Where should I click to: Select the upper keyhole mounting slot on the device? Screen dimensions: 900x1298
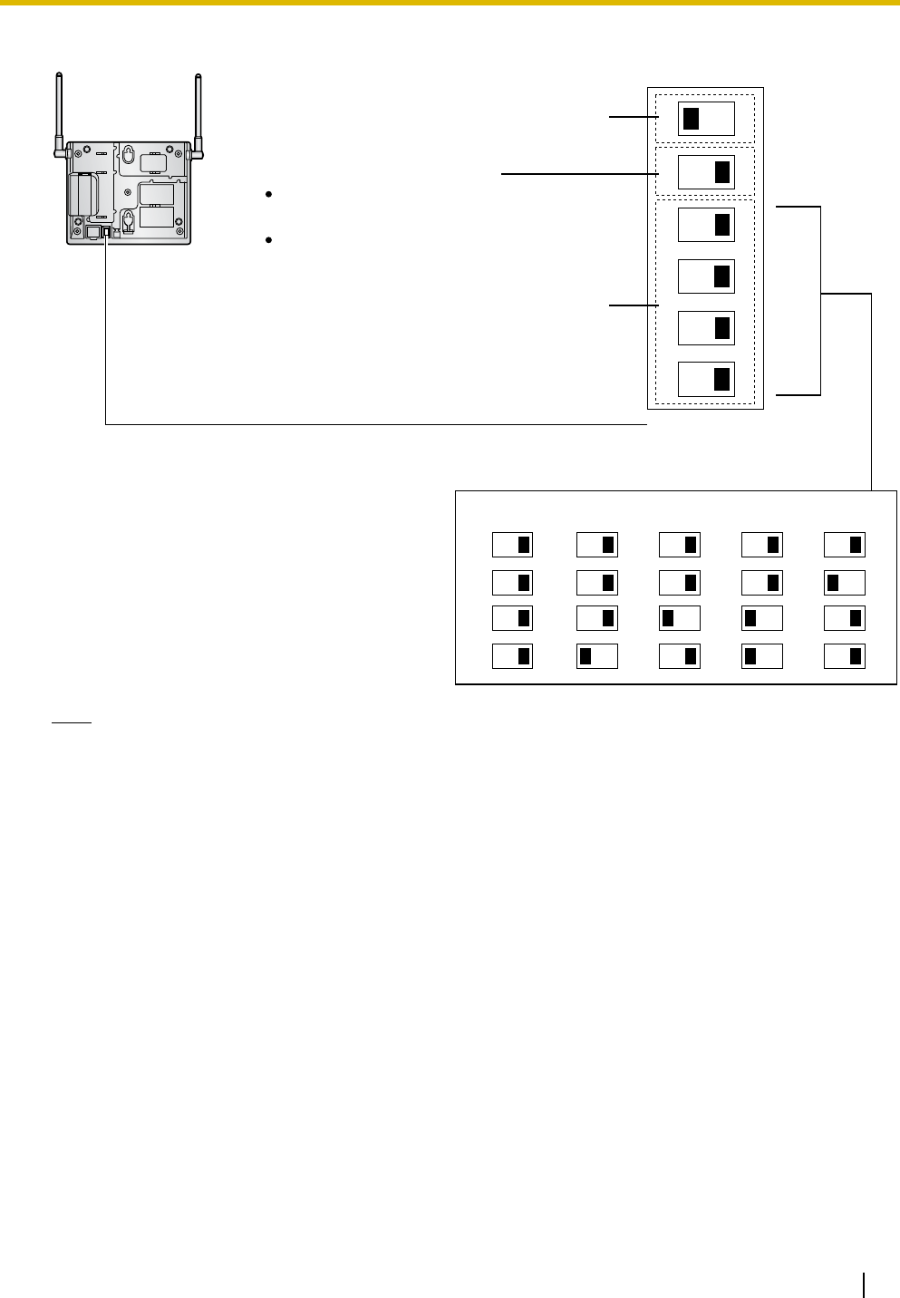129,156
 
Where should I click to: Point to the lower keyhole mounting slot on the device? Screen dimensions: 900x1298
128,219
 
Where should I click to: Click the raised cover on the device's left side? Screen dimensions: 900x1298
82,193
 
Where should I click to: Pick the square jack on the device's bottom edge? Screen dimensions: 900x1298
92,232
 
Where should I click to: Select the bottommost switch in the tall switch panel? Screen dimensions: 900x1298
706,379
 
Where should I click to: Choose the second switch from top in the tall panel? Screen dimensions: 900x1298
706,171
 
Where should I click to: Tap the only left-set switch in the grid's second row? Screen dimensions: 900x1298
845,582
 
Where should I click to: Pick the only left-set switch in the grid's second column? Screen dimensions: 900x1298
597,656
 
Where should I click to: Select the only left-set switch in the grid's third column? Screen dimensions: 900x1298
680,619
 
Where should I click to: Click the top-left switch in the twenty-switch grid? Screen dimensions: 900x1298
512,545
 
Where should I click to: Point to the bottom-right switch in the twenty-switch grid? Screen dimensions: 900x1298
845,656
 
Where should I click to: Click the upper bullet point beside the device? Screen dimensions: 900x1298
269,195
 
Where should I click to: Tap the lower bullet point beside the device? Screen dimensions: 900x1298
269,240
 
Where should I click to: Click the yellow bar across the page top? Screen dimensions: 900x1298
450,4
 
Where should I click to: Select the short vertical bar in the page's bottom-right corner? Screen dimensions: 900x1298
865,1284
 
